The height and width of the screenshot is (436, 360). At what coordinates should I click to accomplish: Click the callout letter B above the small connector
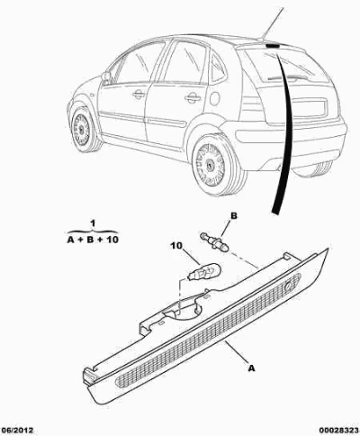point(234,215)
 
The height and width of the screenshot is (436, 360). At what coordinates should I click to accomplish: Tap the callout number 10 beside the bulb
point(176,246)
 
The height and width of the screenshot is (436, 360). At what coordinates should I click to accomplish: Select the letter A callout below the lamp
point(251,368)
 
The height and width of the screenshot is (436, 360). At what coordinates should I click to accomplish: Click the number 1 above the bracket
point(93,223)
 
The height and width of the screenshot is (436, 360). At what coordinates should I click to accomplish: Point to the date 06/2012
point(17,431)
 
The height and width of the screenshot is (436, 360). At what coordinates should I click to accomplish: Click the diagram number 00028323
point(338,431)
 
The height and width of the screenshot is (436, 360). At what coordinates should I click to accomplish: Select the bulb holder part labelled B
point(215,241)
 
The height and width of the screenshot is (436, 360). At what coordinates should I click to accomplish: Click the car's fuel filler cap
point(215,99)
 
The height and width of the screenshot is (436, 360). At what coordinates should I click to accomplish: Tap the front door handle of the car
point(139,95)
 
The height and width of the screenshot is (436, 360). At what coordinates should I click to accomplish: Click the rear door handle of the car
point(193,97)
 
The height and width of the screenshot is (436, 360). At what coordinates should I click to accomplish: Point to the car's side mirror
point(106,77)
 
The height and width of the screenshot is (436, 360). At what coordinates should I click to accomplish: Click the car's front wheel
point(83,130)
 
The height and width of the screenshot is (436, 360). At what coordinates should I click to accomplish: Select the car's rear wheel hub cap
point(211,165)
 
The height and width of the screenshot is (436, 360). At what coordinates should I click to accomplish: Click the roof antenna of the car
point(273,23)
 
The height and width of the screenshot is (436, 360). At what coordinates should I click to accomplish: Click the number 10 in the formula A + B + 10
point(112,240)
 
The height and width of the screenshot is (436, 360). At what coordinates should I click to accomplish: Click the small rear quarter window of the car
point(218,69)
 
